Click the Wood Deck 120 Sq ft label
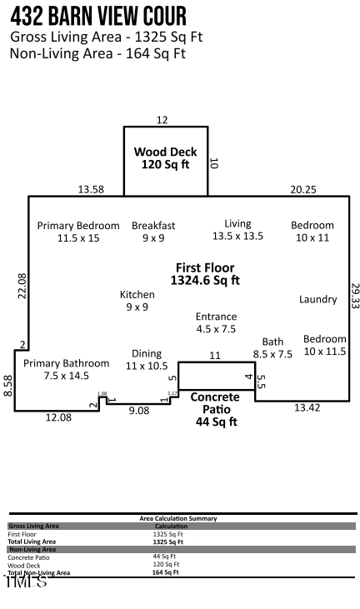[x=166, y=158]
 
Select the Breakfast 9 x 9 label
[x=153, y=232]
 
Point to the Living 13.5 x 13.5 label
[x=237, y=230]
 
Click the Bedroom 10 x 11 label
[x=312, y=232]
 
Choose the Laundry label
[x=318, y=299]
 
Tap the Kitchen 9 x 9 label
[x=137, y=301]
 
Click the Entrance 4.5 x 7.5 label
[x=216, y=322]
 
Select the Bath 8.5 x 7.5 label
[x=272, y=347]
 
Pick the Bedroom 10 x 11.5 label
[x=324, y=345]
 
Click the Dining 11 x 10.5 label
[x=147, y=360]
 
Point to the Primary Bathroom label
[x=66, y=369]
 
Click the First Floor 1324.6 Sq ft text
[x=205, y=274]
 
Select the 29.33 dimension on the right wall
[x=355, y=297]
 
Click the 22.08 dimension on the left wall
[x=22, y=286]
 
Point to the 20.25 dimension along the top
[x=303, y=189]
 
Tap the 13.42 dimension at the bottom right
[x=307, y=407]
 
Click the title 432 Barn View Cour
[x=98, y=15]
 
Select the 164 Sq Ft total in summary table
[x=167, y=572]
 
